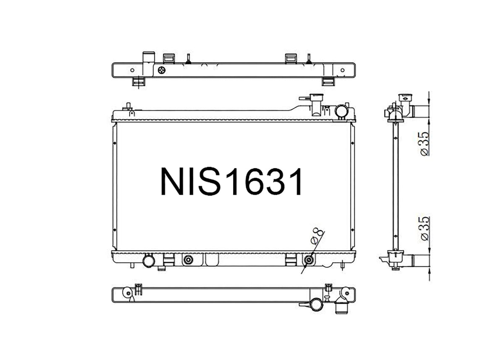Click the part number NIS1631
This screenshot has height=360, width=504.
(x=231, y=182)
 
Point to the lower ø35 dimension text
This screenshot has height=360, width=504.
(x=425, y=229)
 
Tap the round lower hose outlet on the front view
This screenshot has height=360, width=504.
(x=149, y=261)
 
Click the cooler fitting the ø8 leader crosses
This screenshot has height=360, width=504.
(x=309, y=260)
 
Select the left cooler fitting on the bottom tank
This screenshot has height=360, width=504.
(x=188, y=260)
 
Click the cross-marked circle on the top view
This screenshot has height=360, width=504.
(x=162, y=70)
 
